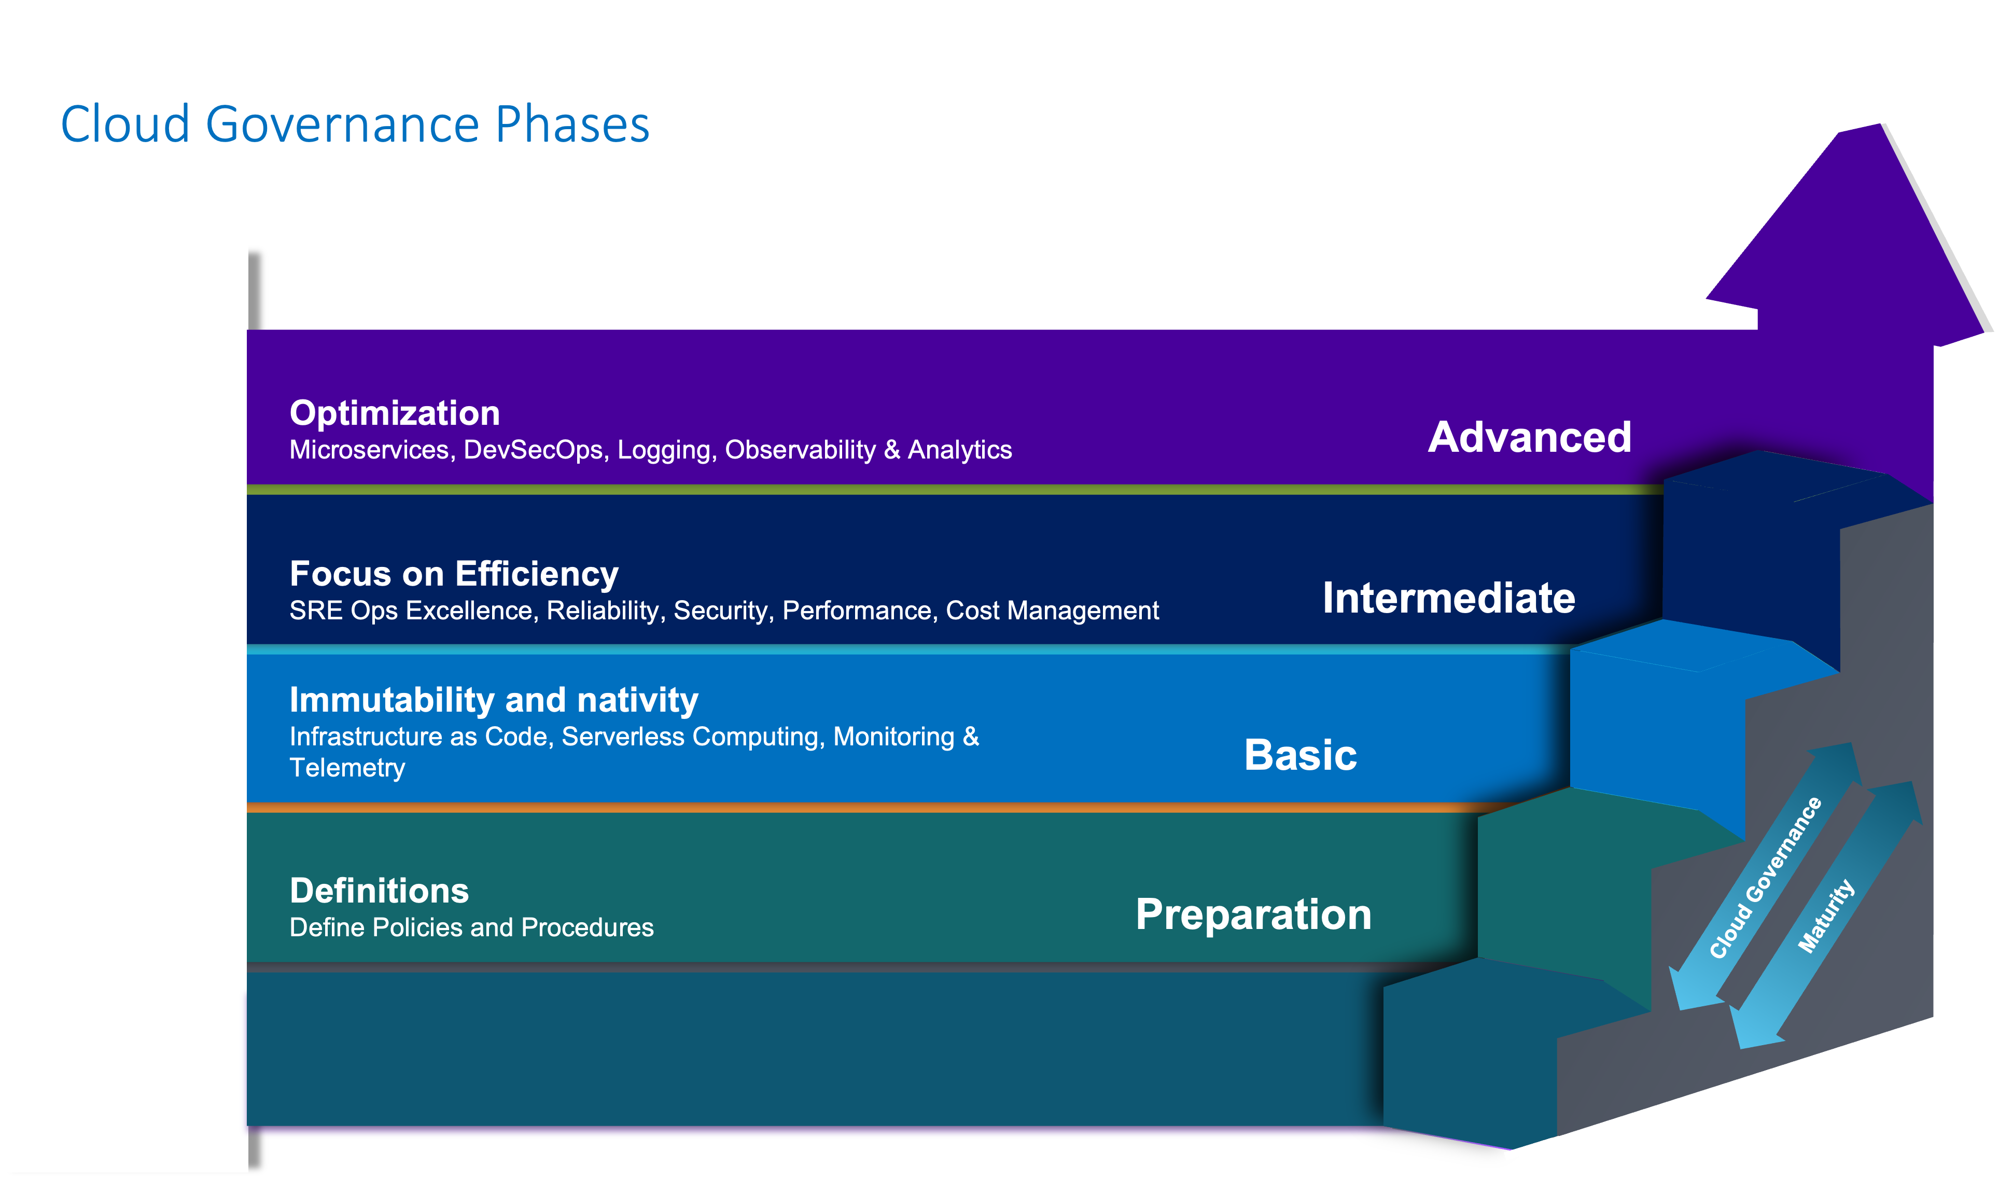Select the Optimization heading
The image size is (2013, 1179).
point(395,413)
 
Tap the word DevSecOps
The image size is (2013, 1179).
point(533,450)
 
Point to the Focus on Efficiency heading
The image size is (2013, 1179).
point(454,574)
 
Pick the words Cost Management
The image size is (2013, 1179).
point(1052,611)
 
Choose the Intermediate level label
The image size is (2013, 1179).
point(1448,598)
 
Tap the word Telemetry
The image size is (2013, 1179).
point(347,768)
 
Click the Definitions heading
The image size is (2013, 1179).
point(379,891)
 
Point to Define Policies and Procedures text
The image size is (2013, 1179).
point(471,927)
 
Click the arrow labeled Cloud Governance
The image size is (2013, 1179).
point(1765,879)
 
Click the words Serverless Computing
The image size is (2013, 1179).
point(691,737)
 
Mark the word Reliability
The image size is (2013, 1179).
point(603,611)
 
